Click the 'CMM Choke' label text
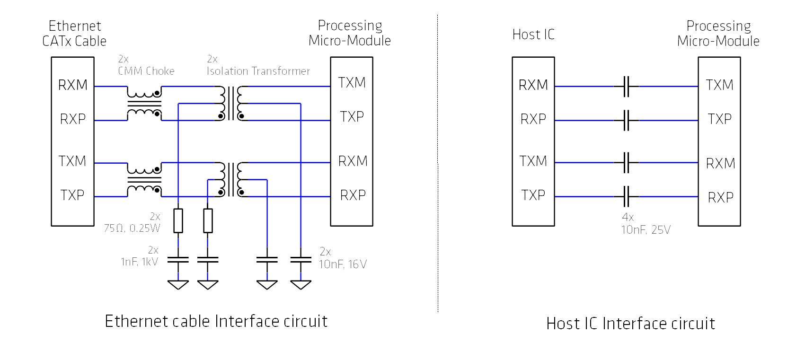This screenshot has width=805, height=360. pyautogui.click(x=146, y=71)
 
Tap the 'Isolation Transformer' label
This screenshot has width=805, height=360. pyautogui.click(x=258, y=71)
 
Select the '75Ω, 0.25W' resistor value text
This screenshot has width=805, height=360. pyautogui.click(x=132, y=228)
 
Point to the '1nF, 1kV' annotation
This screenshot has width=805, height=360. pyautogui.click(x=139, y=262)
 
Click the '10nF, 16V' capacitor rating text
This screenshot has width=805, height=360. pyautogui.click(x=343, y=264)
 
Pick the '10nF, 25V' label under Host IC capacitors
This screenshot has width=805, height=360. pyautogui.click(x=646, y=229)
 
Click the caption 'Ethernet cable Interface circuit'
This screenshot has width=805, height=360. pyautogui.click(x=216, y=321)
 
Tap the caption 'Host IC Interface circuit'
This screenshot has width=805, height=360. pyautogui.click(x=630, y=324)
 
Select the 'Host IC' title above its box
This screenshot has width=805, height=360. pyautogui.click(x=533, y=35)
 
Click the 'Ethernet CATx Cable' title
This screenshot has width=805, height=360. pyautogui.click(x=74, y=33)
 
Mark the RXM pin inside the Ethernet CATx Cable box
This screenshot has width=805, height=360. pyautogui.click(x=73, y=85)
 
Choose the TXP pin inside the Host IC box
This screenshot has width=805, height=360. pyautogui.click(x=533, y=195)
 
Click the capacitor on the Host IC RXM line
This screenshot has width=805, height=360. pyautogui.click(x=626, y=87)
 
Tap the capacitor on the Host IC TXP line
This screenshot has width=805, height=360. pyautogui.click(x=626, y=196)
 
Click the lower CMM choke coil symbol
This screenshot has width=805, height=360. pyautogui.click(x=144, y=180)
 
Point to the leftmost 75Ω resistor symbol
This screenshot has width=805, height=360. pyautogui.click(x=178, y=220)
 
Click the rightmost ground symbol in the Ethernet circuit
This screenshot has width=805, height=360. pyautogui.click(x=301, y=285)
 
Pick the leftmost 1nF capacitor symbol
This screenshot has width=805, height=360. pyautogui.click(x=178, y=260)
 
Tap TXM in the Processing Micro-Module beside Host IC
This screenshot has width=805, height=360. pyautogui.click(x=719, y=85)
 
